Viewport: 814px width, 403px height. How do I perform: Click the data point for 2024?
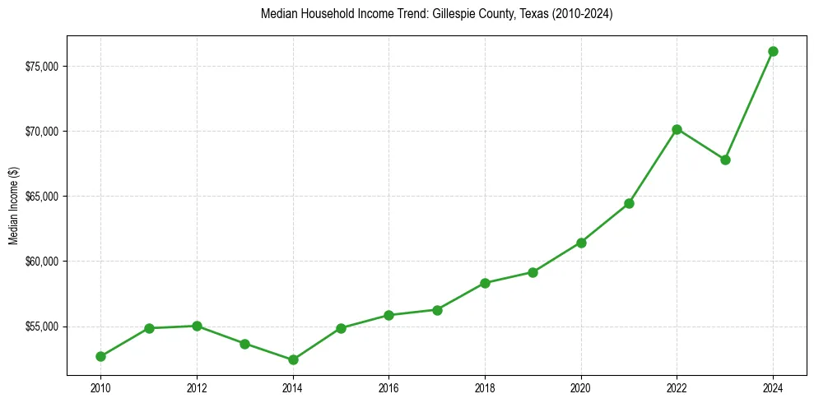(773, 51)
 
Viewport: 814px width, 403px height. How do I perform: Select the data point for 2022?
(677, 129)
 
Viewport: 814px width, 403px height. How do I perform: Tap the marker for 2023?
(725, 160)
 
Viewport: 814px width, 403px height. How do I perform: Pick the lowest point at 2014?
(293, 359)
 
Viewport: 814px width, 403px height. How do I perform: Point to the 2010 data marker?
(100, 356)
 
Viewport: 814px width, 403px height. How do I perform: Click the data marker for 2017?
(437, 310)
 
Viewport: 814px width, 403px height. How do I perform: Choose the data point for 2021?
(629, 203)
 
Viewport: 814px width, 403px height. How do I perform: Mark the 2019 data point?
(533, 272)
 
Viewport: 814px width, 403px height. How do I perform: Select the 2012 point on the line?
(197, 326)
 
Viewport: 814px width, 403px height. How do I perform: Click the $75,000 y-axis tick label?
(40, 66)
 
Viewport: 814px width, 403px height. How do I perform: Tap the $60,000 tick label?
(40, 262)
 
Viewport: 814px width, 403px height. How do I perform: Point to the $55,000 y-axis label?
(40, 327)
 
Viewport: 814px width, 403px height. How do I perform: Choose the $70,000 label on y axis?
(40, 132)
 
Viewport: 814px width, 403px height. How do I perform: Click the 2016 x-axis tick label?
(388, 387)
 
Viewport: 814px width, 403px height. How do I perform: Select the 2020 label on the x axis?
(581, 387)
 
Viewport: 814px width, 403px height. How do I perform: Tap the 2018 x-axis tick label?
(485, 387)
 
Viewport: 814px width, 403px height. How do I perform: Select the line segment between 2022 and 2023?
(701, 145)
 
